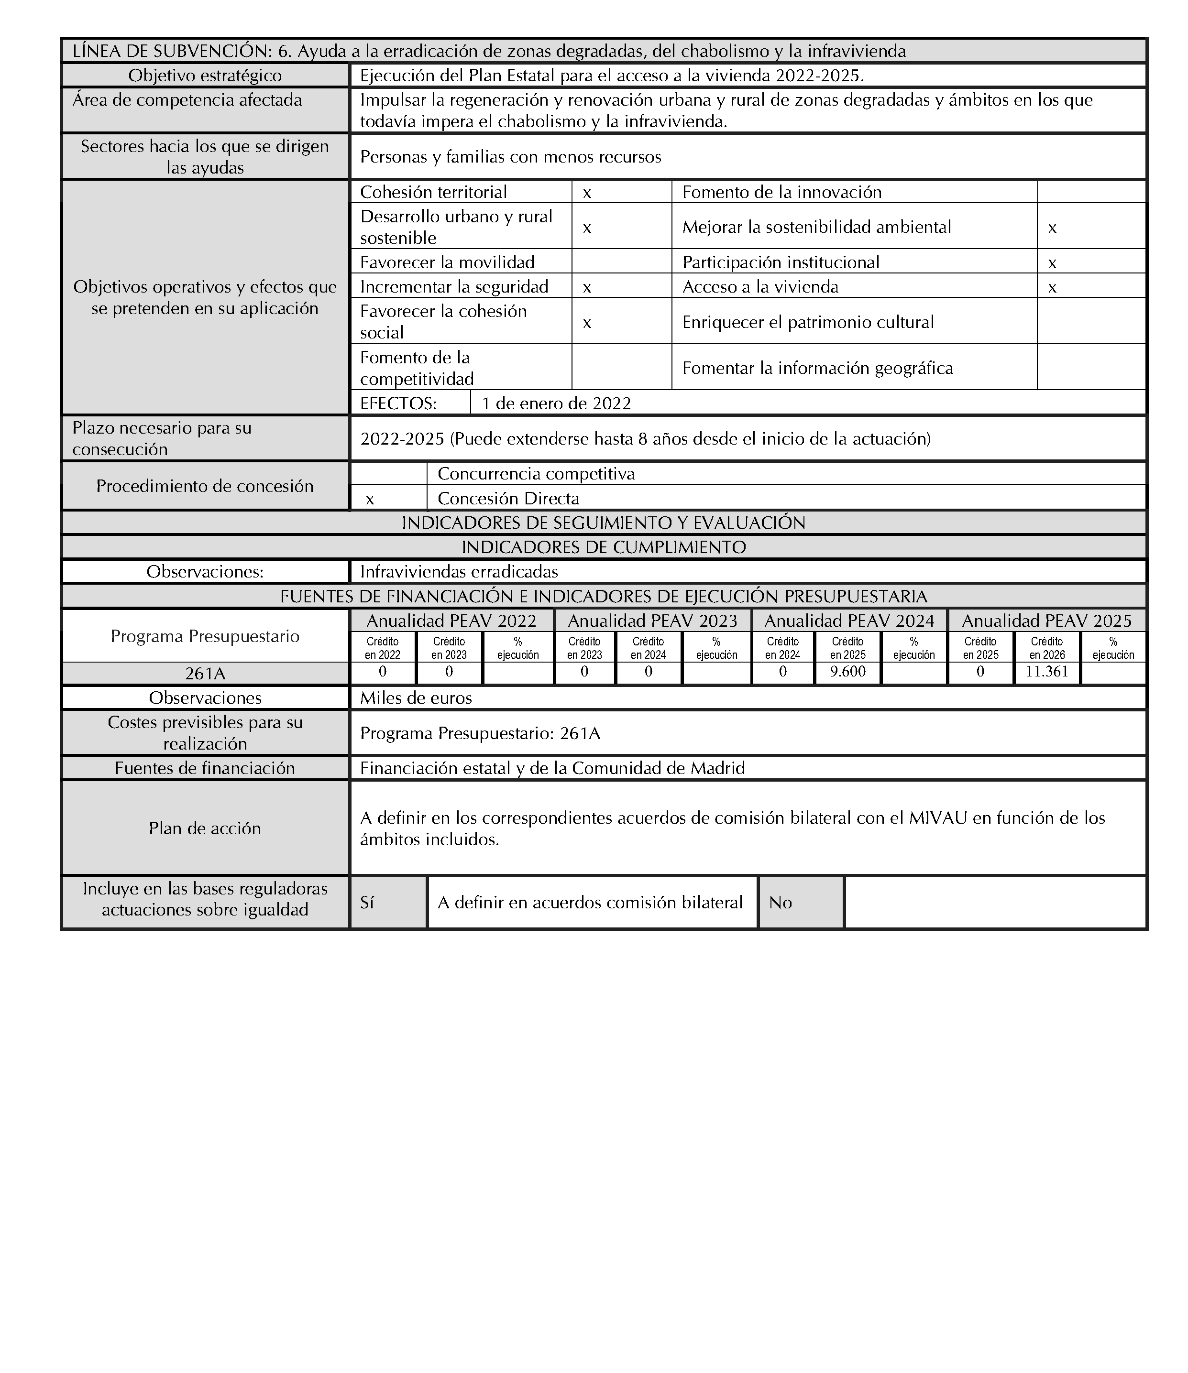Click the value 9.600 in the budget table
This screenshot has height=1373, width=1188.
pyautogui.click(x=848, y=672)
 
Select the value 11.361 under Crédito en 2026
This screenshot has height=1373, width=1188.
pyautogui.click(x=1047, y=672)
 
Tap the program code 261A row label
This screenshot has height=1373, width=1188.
pyautogui.click(x=205, y=673)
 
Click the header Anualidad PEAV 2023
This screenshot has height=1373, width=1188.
pyautogui.click(x=652, y=621)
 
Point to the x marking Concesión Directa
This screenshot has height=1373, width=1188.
pyautogui.click(x=370, y=499)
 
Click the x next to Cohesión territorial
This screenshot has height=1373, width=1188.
pyautogui.click(x=587, y=193)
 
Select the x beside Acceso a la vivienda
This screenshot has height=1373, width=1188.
pyautogui.click(x=1052, y=288)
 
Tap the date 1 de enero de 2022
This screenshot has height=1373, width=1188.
pyautogui.click(x=556, y=403)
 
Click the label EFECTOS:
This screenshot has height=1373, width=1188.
pyautogui.click(x=398, y=403)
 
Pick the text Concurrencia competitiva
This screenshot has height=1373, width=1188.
pyautogui.click(x=536, y=474)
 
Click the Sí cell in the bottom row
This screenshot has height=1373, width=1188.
pyautogui.click(x=367, y=903)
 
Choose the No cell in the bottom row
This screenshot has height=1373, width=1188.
pyautogui.click(x=781, y=903)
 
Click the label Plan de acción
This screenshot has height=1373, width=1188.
pyautogui.click(x=205, y=828)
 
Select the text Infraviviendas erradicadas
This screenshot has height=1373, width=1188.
pyautogui.click(x=459, y=572)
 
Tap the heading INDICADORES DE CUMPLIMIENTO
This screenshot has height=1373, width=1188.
pyautogui.click(x=603, y=547)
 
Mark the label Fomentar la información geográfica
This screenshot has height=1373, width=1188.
pyautogui.click(x=817, y=369)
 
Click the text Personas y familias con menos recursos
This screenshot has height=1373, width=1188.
pyautogui.click(x=510, y=157)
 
